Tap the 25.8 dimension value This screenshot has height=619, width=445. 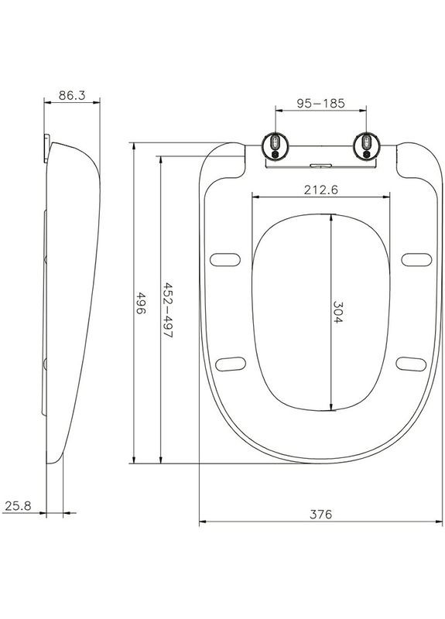(18, 506)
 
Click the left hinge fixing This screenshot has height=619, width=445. (276, 145)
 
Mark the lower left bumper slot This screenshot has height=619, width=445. (231, 361)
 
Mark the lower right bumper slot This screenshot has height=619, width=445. (410, 361)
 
